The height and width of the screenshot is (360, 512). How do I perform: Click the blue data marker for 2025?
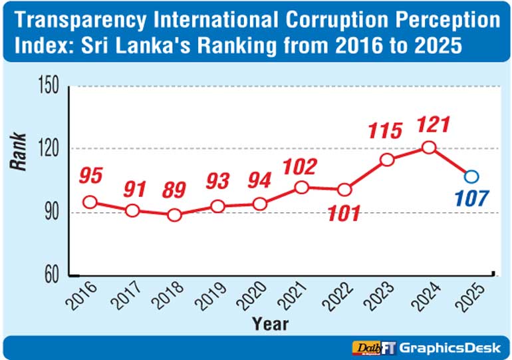pyautogui.click(x=471, y=176)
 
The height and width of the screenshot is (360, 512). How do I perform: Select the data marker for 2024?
pyautogui.click(x=429, y=147)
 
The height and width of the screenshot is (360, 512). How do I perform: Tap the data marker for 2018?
pyautogui.click(x=174, y=215)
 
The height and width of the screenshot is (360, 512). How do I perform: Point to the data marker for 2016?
pyautogui.click(x=90, y=202)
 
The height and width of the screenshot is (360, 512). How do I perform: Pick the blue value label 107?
pyautogui.click(x=471, y=198)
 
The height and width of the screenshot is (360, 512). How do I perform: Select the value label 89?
pyautogui.click(x=175, y=190)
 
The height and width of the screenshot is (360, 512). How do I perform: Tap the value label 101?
pyautogui.click(x=344, y=213)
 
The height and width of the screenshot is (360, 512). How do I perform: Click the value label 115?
pyautogui.click(x=386, y=130)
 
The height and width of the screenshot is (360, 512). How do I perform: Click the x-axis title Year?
pyautogui.click(x=271, y=323)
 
